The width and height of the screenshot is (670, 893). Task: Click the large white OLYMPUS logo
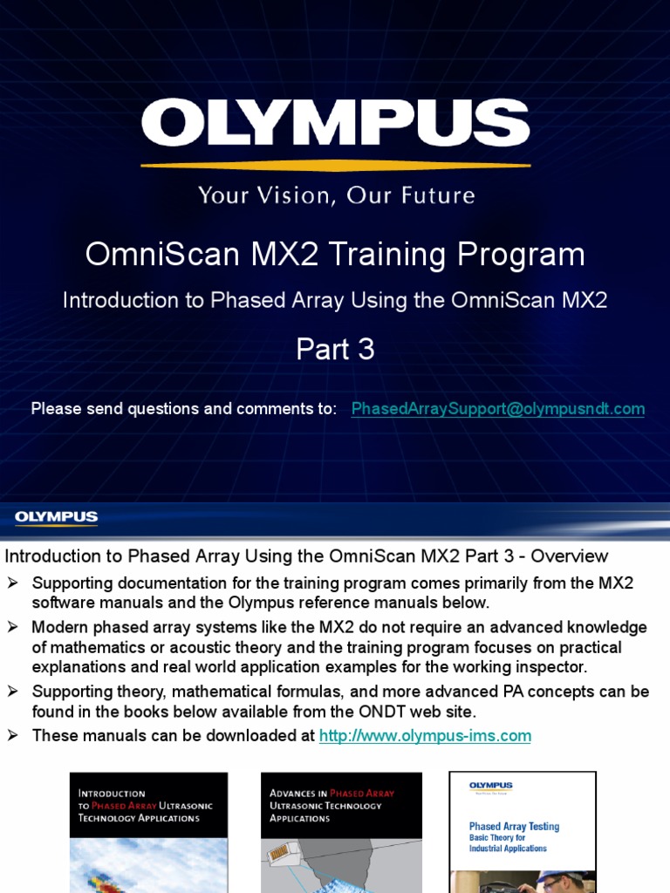click(335, 123)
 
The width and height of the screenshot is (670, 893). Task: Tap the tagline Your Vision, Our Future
click(336, 194)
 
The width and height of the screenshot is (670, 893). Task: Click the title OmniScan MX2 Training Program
click(335, 255)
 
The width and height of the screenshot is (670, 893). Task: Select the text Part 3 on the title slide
click(335, 349)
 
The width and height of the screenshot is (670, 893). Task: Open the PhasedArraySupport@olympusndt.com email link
click(497, 409)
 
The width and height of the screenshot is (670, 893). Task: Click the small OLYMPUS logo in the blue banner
click(56, 518)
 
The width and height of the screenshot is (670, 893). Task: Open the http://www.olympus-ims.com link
click(425, 736)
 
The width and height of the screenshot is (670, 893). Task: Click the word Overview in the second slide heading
click(570, 556)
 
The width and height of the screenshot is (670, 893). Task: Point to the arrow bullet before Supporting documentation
click(13, 583)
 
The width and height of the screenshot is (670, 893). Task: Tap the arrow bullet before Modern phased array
click(13, 627)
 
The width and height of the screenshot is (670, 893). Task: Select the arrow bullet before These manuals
click(13, 736)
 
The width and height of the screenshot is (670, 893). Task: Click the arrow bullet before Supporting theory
click(13, 692)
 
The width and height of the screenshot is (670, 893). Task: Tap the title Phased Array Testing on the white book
click(514, 827)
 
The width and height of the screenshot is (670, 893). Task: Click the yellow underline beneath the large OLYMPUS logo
click(335, 165)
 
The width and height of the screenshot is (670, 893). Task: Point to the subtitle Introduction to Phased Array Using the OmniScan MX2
click(335, 301)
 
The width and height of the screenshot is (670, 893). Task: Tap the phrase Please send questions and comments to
click(183, 409)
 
